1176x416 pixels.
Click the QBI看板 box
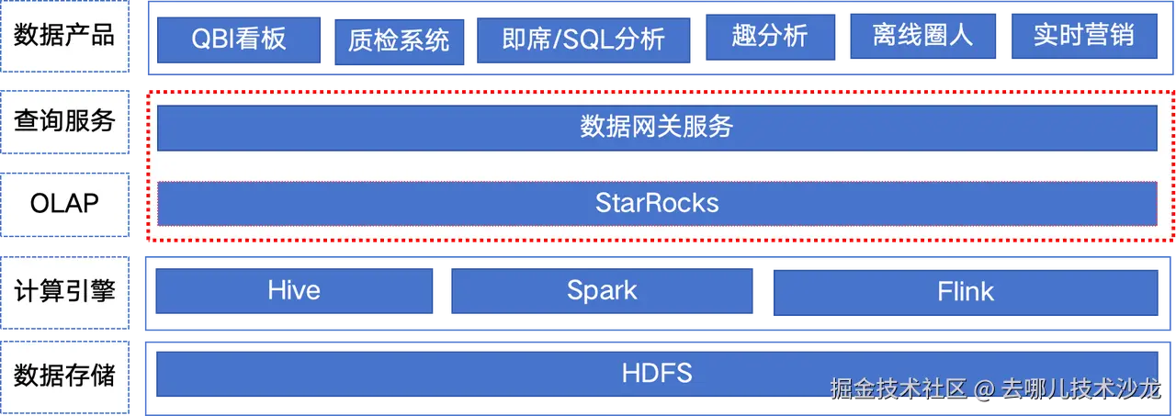239,39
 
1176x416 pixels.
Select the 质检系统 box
399,39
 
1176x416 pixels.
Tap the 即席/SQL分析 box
583,39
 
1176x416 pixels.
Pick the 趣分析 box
770,37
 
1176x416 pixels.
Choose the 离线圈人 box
922,37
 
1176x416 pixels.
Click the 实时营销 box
1083,37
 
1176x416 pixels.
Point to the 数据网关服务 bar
657,127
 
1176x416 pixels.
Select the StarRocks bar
657,203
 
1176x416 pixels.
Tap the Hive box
294,291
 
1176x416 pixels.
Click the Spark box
602,291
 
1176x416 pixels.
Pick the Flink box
965,292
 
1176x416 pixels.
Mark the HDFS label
657,373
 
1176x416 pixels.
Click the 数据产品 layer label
64,36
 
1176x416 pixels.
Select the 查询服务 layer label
64,120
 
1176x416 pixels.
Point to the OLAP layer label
64,203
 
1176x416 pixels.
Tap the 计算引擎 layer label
64,291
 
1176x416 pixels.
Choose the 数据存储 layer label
64,374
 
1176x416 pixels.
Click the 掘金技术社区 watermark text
898,389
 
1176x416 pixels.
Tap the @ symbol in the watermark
984,389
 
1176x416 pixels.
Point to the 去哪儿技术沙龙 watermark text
1080,389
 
